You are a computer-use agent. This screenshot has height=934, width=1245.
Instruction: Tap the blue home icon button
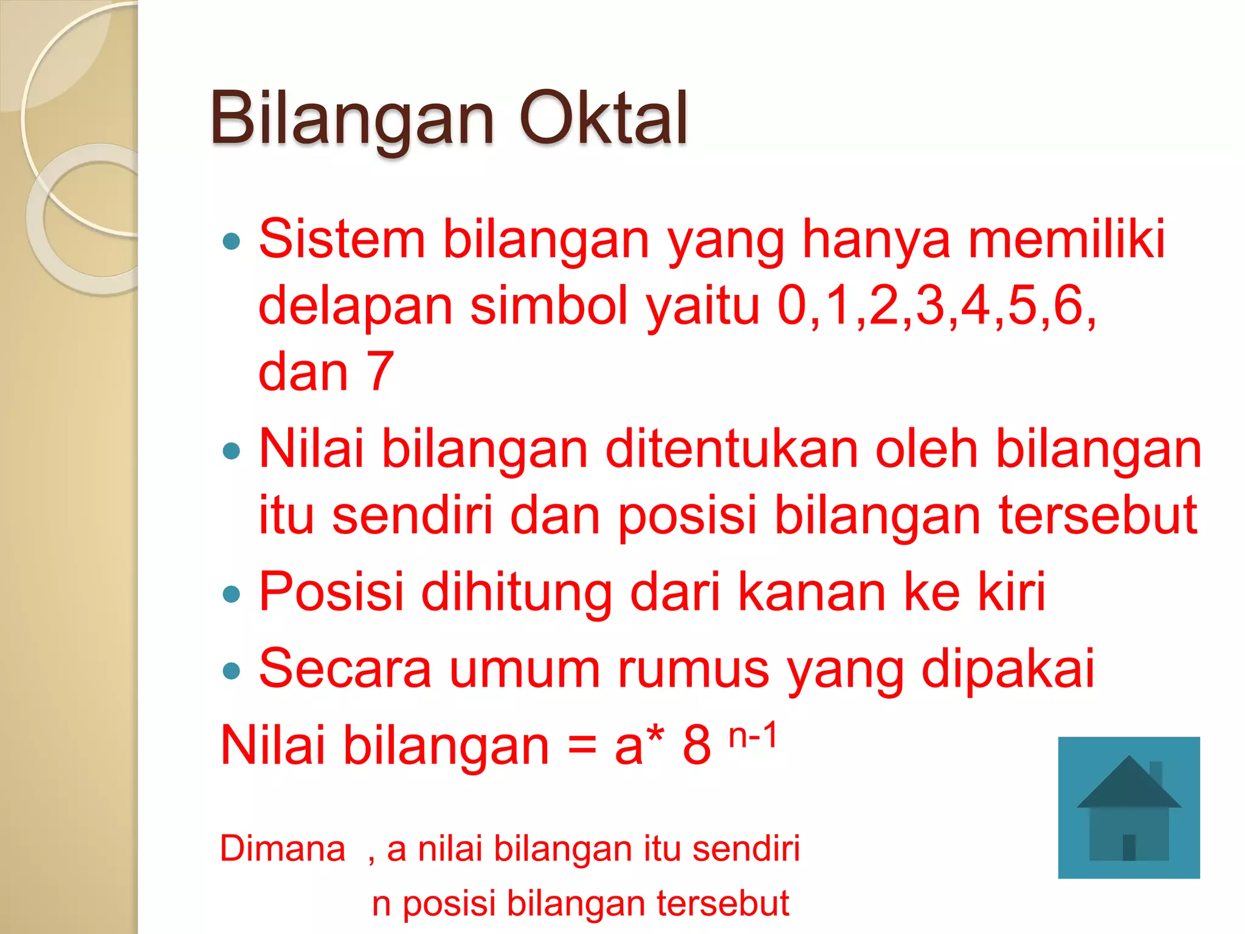(x=1129, y=808)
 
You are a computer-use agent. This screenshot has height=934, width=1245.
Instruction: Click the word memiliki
(x=1066, y=239)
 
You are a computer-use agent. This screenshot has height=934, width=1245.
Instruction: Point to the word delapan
(x=355, y=306)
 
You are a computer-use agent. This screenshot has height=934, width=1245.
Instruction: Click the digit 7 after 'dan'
(x=381, y=372)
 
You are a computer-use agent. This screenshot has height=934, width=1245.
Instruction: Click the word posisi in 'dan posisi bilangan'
(x=687, y=516)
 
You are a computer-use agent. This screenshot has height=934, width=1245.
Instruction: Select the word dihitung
(x=517, y=593)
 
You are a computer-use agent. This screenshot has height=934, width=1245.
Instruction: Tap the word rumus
(x=693, y=669)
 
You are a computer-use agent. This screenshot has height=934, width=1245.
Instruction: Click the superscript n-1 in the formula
(x=753, y=735)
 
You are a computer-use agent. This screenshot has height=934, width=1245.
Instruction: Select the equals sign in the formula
(x=582, y=747)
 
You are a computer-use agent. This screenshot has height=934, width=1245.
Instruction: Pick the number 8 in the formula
(x=697, y=746)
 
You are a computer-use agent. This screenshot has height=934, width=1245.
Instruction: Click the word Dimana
(x=283, y=849)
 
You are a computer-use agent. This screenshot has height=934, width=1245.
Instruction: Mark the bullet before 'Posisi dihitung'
(x=232, y=594)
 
